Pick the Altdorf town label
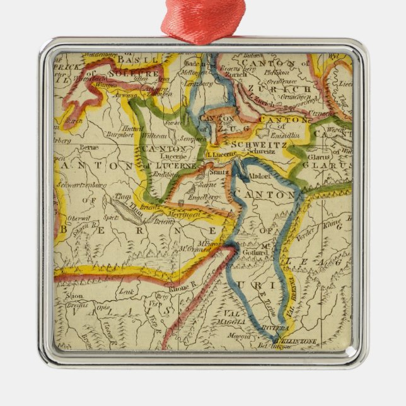[x=260, y=177]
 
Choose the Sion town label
[x=74, y=294]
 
